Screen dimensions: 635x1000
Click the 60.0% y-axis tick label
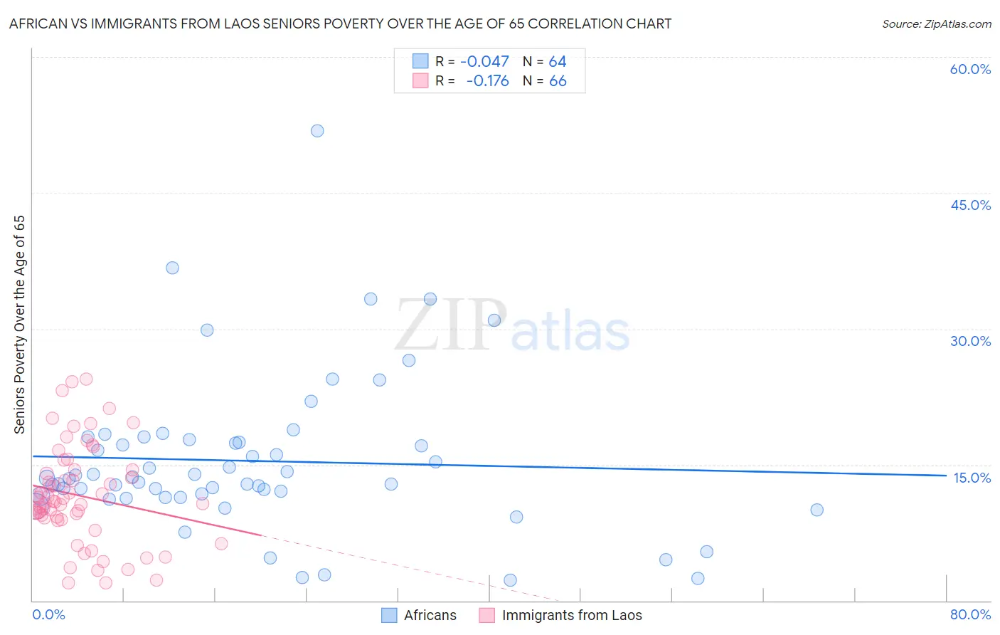tap(970, 69)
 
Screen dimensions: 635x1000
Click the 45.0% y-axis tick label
tap(970, 205)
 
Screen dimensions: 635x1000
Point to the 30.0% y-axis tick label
tap(970, 341)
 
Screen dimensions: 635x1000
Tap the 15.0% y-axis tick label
tap(972, 478)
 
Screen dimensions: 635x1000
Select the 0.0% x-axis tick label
tap(48, 614)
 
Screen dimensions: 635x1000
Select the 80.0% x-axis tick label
tap(970, 614)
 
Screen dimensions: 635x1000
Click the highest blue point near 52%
tap(317, 131)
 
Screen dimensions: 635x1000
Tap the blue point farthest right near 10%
tap(817, 510)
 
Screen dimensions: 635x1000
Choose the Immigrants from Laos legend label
tap(571, 615)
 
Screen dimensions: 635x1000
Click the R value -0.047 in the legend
tap(484, 62)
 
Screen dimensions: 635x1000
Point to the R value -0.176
tap(487, 81)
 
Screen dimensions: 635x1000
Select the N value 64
tap(558, 62)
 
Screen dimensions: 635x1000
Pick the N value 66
tap(558, 81)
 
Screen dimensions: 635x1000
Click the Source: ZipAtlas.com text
tap(936, 24)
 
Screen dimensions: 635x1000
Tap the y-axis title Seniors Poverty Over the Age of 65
tap(19, 324)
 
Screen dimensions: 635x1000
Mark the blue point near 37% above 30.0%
tap(172, 268)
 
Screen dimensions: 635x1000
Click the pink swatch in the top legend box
tap(420, 80)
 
